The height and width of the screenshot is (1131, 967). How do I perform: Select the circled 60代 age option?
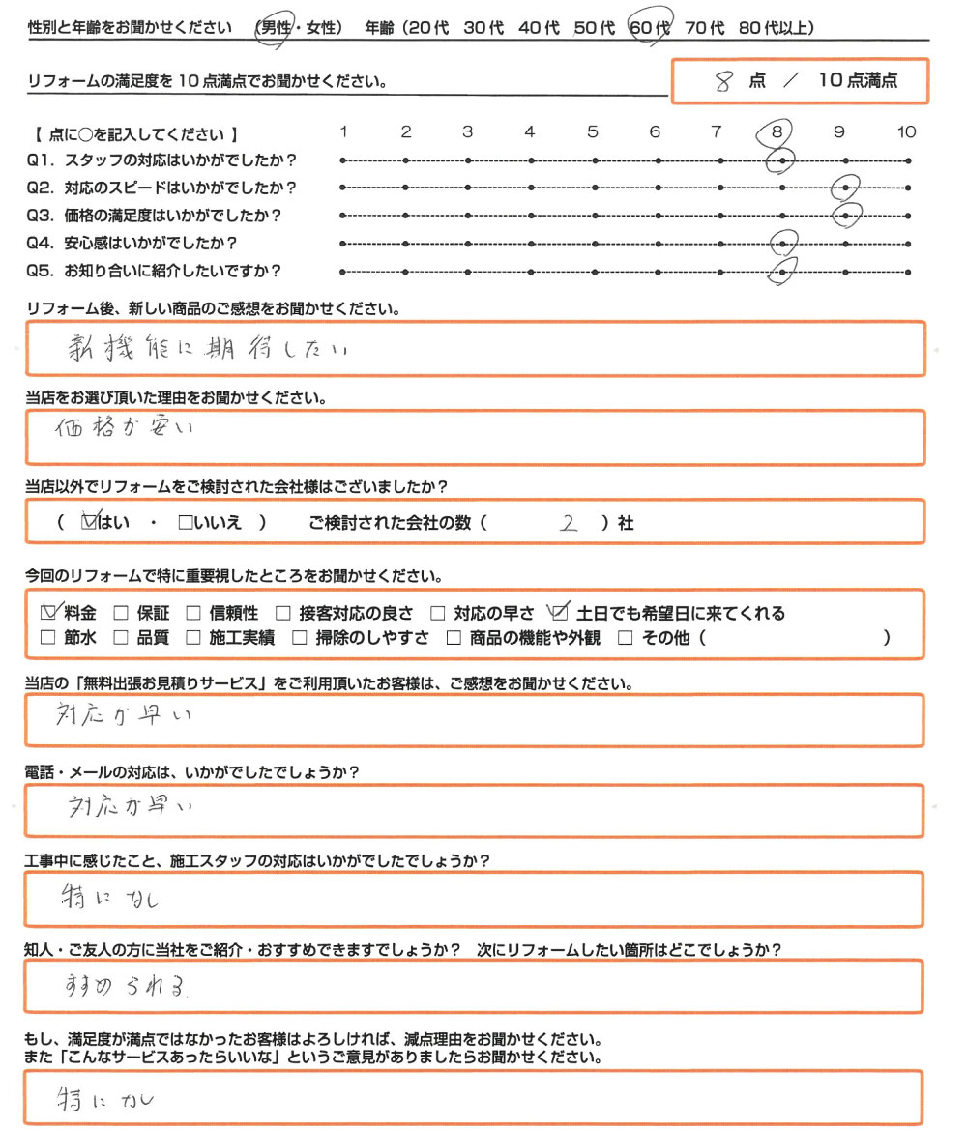649,29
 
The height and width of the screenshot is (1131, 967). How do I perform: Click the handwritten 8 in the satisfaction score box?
721,82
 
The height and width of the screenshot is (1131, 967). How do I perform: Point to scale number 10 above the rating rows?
906,132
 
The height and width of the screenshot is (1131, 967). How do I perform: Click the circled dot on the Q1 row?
781,160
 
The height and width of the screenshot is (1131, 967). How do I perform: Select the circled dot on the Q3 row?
847,216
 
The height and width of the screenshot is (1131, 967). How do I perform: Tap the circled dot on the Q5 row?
781,273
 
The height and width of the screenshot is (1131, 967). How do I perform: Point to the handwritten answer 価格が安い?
126,429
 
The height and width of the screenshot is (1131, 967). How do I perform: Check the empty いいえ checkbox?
186,523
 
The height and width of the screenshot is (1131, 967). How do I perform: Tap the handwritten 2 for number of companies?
569,523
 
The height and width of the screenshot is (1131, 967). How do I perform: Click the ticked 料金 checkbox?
50,612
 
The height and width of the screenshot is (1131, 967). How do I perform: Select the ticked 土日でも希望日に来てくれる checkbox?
558,612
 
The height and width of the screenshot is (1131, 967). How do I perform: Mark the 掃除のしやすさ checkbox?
299,638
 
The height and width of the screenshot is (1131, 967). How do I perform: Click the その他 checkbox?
625,638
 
